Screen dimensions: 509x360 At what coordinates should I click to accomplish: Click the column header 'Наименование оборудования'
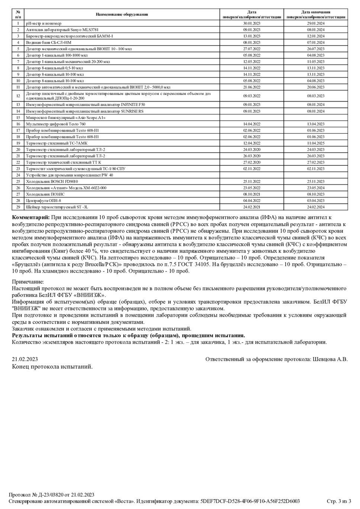pyautogui.click(x=122, y=15)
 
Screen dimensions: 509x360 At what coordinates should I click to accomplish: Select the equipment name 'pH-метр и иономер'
pyautogui.click(x=44, y=23)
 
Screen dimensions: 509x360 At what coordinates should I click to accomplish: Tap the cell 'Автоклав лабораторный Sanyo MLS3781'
pyautogui.click(x=62, y=30)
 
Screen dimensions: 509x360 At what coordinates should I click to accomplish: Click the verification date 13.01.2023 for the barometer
pyautogui.click(x=252, y=36)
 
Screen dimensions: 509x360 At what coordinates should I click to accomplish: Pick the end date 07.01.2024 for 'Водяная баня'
pyautogui.click(x=316, y=42)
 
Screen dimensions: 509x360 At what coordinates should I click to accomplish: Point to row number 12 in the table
pyautogui.click(x=18, y=96)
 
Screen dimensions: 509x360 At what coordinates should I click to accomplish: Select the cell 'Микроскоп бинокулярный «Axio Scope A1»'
pyautogui.click(x=65, y=117)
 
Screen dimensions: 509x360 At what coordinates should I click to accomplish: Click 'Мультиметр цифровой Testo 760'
pyautogui.click(x=55, y=124)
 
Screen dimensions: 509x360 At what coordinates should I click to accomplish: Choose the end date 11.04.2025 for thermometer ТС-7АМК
pyautogui.click(x=316, y=143)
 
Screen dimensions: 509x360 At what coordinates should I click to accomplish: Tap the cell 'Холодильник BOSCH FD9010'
pyautogui.click(x=52, y=181)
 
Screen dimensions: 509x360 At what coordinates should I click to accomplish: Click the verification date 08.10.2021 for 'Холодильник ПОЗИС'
pyautogui.click(x=252, y=194)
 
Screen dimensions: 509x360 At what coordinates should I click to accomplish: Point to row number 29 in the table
pyautogui.click(x=18, y=207)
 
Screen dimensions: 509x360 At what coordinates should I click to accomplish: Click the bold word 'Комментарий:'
pyautogui.click(x=30, y=217)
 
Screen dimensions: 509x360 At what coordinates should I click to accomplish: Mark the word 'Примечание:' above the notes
pyautogui.click(x=28, y=282)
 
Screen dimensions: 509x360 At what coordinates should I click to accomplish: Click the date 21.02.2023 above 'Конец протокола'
pyautogui.click(x=25, y=359)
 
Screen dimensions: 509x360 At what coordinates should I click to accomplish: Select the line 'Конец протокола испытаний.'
pyautogui.click(x=52, y=367)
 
